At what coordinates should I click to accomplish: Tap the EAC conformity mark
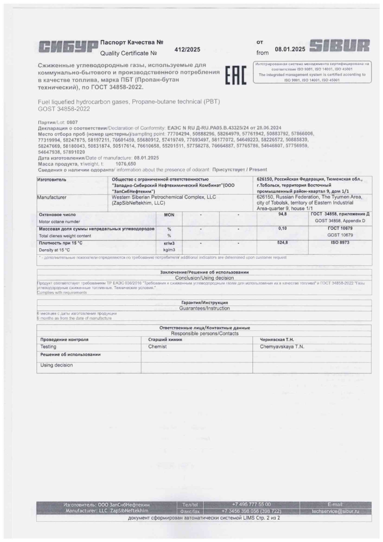(x=236, y=75)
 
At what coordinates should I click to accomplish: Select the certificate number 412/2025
(x=187, y=49)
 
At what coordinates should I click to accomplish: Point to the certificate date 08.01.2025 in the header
(x=290, y=49)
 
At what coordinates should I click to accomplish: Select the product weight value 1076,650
(x=125, y=164)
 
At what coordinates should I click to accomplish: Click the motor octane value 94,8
(x=282, y=214)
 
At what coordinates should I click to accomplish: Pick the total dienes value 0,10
(x=282, y=228)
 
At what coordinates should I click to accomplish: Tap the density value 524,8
(x=282, y=243)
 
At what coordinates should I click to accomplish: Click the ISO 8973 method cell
(x=340, y=243)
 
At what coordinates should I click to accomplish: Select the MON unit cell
(x=169, y=215)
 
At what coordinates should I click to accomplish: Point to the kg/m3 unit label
(x=169, y=250)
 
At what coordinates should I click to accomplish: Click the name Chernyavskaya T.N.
(x=282, y=347)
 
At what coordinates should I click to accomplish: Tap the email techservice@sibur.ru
(x=335, y=511)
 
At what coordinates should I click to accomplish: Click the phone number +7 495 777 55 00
(x=251, y=505)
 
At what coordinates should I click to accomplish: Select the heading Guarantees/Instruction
(x=204, y=308)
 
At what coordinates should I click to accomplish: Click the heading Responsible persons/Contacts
(x=204, y=334)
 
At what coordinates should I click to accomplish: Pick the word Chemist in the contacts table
(x=157, y=347)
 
